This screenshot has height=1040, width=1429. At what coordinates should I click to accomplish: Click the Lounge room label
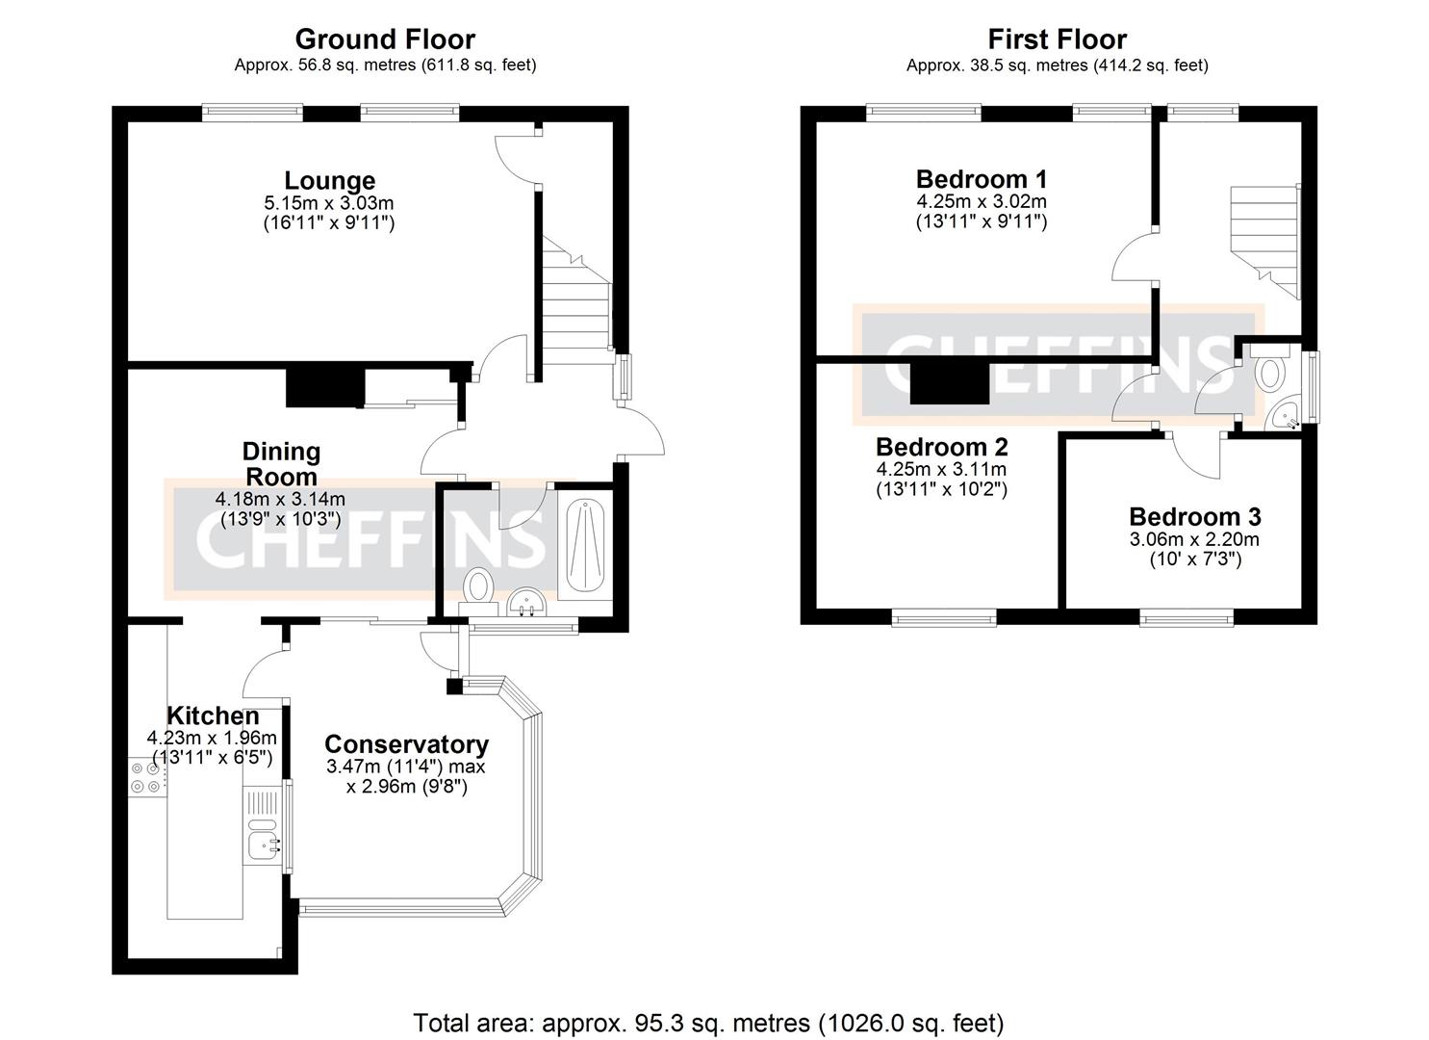tap(329, 181)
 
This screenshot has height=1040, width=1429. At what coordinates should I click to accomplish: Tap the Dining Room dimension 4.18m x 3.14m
tap(280, 499)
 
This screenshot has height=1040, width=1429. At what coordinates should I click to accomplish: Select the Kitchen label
tap(213, 715)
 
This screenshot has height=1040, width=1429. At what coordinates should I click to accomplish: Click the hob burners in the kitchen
tap(147, 777)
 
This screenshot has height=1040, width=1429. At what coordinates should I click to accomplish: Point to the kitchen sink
tap(262, 845)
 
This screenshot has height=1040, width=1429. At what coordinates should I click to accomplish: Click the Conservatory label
tap(406, 744)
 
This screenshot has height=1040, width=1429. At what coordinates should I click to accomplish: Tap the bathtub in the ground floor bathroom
tap(585, 544)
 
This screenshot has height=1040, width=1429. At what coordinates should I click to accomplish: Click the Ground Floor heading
tap(384, 39)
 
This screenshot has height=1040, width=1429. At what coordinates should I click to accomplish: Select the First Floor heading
tap(1057, 39)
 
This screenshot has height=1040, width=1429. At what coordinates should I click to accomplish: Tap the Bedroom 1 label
tap(981, 179)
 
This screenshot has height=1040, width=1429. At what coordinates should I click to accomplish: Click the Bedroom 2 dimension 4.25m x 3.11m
tap(941, 470)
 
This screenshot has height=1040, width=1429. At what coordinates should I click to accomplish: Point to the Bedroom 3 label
tap(1194, 517)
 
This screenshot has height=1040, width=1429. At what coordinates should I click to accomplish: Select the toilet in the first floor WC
tap(1272, 371)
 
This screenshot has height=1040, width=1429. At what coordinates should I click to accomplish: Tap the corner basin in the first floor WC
tap(1285, 415)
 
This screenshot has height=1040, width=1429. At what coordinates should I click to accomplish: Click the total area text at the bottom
tap(708, 1022)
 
